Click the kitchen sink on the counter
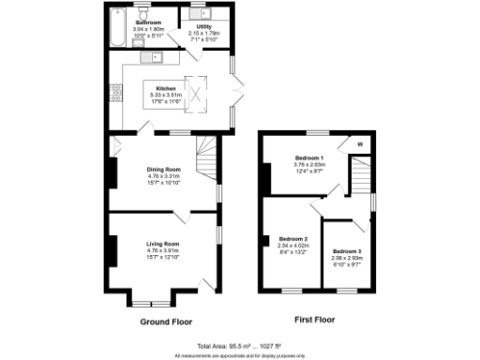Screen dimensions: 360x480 click(x=151, y=58)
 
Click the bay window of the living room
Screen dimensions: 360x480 click(x=149, y=303)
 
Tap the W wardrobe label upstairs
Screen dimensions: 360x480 click(x=359, y=144)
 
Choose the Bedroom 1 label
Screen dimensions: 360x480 click(x=308, y=157)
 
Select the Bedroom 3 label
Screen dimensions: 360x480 click(x=346, y=251)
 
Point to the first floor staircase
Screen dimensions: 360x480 click(x=361, y=178)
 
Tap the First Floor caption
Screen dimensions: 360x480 click(x=315, y=322)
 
